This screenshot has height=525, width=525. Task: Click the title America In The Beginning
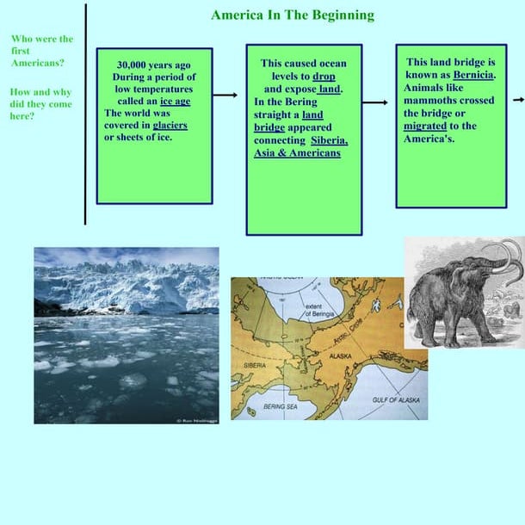pyautogui.click(x=293, y=15)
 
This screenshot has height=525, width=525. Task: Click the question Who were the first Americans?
pyautogui.click(x=41, y=51)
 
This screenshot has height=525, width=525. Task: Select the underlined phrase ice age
pyautogui.click(x=176, y=101)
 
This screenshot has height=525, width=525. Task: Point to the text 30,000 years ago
pyautogui.click(x=154, y=65)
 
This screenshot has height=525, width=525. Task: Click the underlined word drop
pyautogui.click(x=324, y=76)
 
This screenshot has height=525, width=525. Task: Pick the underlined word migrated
pyautogui.click(x=424, y=126)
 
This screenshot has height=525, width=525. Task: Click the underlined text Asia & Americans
pyautogui.click(x=297, y=153)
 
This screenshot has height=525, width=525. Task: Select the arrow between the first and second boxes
pyautogui.click(x=225, y=96)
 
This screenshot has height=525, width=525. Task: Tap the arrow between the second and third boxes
pyautogui.click(x=375, y=102)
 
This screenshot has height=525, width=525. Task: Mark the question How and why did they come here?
pyautogui.click(x=40, y=104)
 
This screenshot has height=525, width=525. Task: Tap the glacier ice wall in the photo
pyautogui.click(x=129, y=284)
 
